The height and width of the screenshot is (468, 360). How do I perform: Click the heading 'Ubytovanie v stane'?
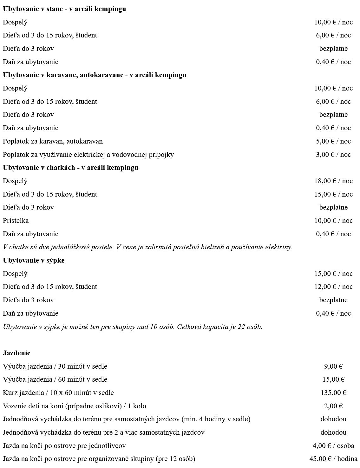[x=33, y=9]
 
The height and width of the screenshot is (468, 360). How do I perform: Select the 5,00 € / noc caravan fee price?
[x=333, y=141]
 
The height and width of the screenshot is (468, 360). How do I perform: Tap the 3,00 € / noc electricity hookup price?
[x=333, y=155]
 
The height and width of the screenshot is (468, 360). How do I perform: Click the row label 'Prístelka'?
[x=16, y=221]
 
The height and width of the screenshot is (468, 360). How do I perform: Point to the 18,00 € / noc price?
[x=333, y=181]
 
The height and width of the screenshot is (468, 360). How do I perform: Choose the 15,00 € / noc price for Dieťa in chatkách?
[x=333, y=194]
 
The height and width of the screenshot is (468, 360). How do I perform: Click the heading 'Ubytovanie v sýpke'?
[x=34, y=260]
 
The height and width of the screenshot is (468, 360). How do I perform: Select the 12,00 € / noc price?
[x=333, y=287]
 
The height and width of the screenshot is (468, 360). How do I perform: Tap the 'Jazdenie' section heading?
[x=16, y=353]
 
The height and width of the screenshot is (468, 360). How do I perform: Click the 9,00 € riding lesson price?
[x=333, y=366]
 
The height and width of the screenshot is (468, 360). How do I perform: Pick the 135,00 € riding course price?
[x=333, y=393]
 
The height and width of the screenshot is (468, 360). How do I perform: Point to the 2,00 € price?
[x=333, y=406]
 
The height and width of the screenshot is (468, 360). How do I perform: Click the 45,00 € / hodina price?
[x=333, y=459]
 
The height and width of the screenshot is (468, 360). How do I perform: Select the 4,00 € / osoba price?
[x=333, y=446]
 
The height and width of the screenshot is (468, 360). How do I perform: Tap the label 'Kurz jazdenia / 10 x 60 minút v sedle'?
[x=58, y=393]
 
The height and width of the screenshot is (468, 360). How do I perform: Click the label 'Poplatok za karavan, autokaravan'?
[x=53, y=141]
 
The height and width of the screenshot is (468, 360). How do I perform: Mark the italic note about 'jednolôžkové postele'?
[x=147, y=247]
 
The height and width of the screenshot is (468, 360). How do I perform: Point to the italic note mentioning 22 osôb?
[x=133, y=327]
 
